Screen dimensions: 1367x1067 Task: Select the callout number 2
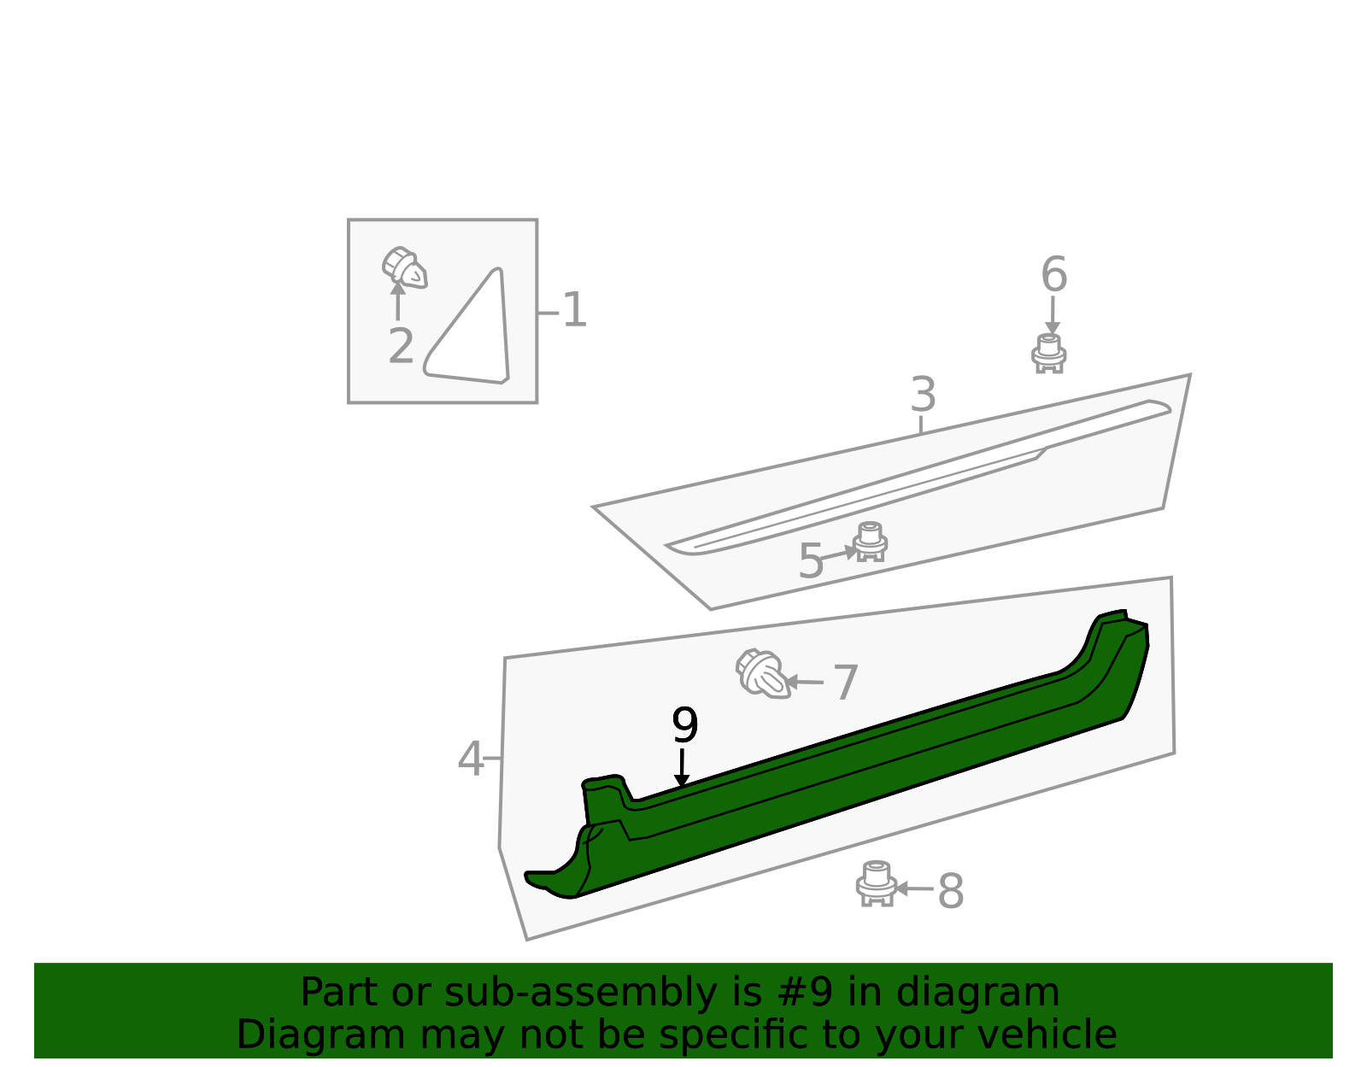[x=402, y=345]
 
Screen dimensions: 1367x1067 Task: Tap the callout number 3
[x=923, y=394]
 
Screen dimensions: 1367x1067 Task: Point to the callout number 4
[x=470, y=759]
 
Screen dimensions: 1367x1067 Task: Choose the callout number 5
[x=810, y=561]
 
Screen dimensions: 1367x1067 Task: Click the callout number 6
[x=1053, y=274]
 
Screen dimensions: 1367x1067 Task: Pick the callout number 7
[x=845, y=683]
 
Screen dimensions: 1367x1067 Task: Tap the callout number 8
[x=951, y=891]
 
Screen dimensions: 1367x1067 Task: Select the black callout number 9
[x=684, y=725]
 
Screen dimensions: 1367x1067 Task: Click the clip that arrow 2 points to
[x=404, y=268]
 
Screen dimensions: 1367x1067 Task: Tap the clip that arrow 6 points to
[x=1048, y=354]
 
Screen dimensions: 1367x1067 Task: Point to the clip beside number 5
[x=870, y=542]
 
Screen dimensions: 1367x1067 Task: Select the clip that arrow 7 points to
[x=762, y=673]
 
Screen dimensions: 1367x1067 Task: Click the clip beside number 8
[x=876, y=883]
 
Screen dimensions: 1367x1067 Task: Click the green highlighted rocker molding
[x=836, y=754]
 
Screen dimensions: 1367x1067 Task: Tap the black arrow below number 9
[x=681, y=768]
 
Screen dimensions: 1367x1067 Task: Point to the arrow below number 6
[x=1052, y=315]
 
